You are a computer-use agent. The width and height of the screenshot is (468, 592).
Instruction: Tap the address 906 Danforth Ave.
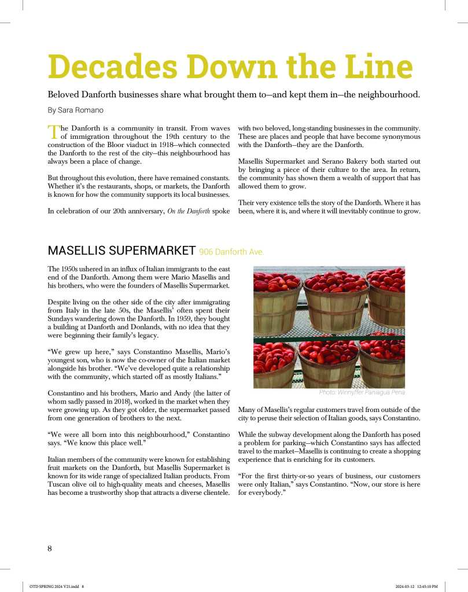[x=231, y=252]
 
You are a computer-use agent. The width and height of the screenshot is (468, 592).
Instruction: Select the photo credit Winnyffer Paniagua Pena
[x=362, y=392]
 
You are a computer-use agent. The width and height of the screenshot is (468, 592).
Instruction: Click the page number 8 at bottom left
[x=50, y=549]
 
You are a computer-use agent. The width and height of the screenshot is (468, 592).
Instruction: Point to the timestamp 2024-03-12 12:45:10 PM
[x=417, y=586]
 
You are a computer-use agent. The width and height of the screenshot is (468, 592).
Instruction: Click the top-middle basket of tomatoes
[x=336, y=301]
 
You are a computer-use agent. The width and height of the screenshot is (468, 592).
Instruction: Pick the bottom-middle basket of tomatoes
[x=329, y=365]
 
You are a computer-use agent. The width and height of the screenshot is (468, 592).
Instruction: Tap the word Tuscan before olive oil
[x=60, y=484]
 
